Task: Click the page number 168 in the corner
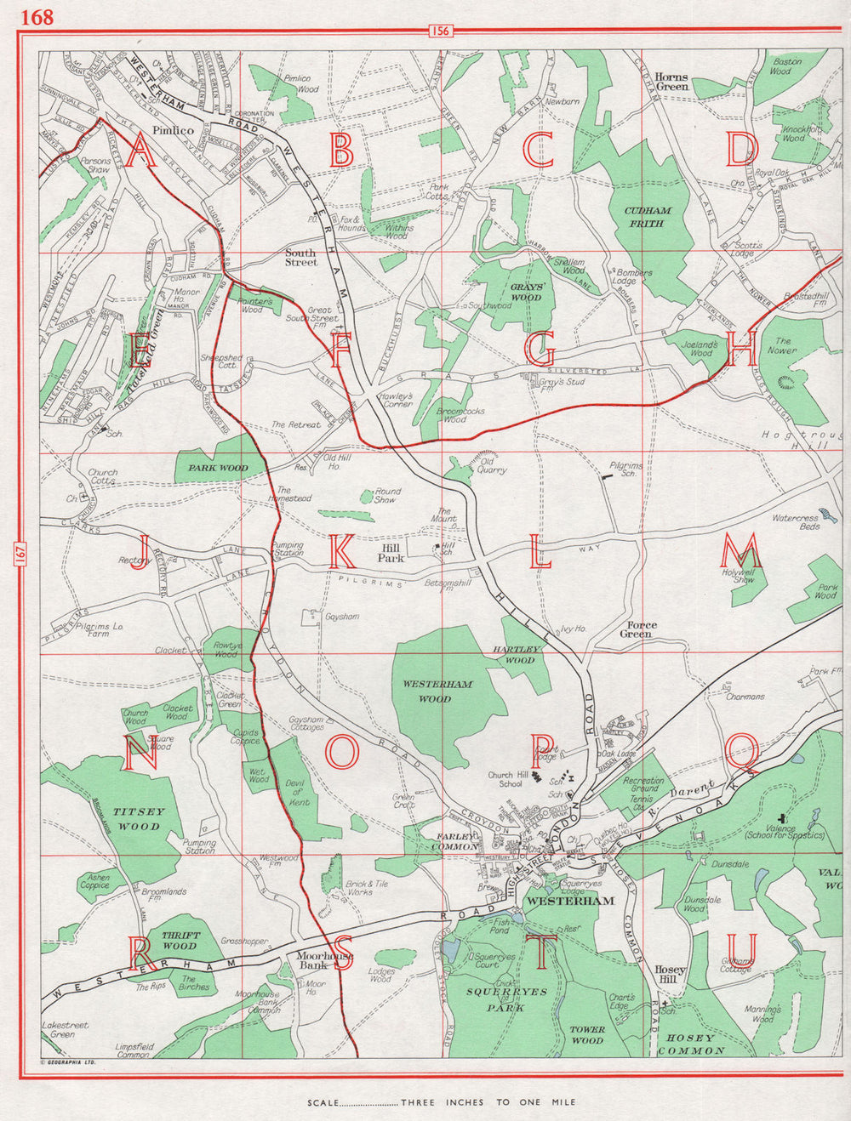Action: [x=37, y=17]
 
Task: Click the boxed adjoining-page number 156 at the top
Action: [x=440, y=31]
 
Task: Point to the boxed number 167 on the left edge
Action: [x=20, y=553]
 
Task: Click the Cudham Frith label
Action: [x=648, y=217]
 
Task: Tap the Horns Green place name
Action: [x=671, y=82]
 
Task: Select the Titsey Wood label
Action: [x=139, y=819]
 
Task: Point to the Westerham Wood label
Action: [x=438, y=691]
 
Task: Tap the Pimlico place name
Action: [x=173, y=130]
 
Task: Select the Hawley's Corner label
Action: [x=397, y=400]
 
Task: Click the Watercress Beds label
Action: [x=796, y=521]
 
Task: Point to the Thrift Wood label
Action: [x=180, y=940]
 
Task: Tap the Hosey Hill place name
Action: [x=670, y=975]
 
